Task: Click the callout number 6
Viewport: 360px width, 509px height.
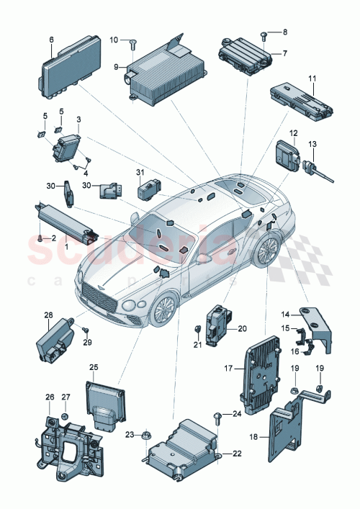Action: (51, 39)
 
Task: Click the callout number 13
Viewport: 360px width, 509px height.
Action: (312, 145)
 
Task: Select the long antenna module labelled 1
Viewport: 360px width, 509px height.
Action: (66, 220)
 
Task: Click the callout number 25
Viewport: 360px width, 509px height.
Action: (93, 367)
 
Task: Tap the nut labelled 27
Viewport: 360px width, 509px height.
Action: (63, 417)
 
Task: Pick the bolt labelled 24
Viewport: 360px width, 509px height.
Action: (217, 416)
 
